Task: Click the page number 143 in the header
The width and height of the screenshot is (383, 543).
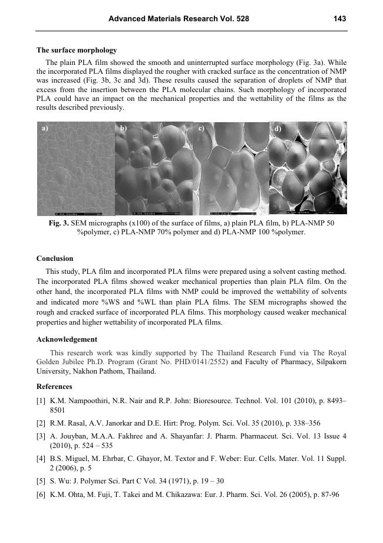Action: point(339,19)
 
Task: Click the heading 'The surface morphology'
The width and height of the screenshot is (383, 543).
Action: point(77,50)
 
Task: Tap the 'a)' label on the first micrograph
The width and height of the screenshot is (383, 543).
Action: point(45,127)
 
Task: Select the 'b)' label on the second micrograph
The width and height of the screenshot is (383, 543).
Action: point(123,127)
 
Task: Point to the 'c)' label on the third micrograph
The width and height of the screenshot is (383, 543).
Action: point(202,127)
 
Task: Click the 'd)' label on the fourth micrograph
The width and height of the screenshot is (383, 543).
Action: point(278,128)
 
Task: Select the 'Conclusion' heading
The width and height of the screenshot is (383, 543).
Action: point(55,259)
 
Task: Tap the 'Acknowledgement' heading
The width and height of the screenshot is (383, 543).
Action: point(67,339)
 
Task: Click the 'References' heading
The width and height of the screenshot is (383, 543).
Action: point(54,387)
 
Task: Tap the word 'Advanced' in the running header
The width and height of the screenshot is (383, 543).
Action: point(126,19)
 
